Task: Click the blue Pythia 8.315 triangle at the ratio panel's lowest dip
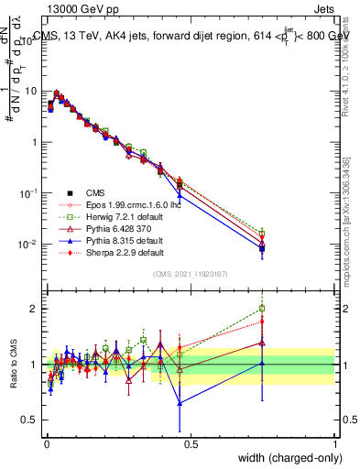180,403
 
